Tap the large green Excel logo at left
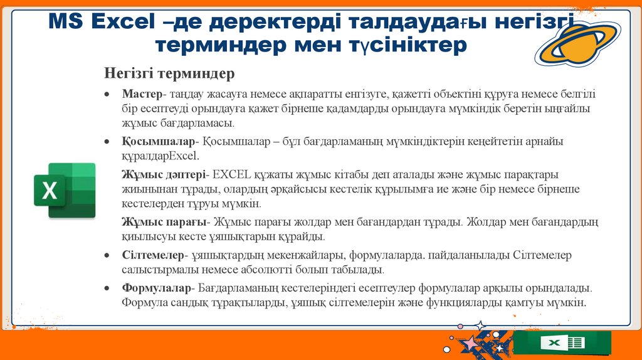pyautogui.click(x=65, y=190)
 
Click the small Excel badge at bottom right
pyautogui.click(x=562, y=342)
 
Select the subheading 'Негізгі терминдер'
pyautogui.click(x=169, y=73)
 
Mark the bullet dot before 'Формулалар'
pyautogui.click(x=108, y=289)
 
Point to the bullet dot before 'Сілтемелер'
pyautogui.click(x=108, y=256)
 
